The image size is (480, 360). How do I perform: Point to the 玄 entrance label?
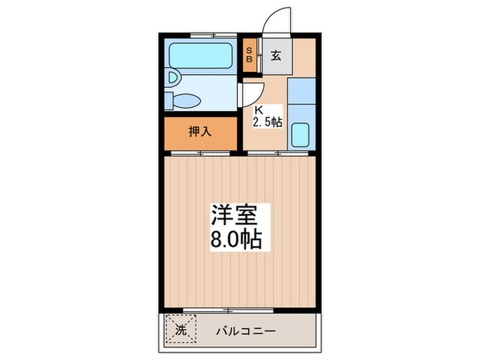click(x=275, y=56)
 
